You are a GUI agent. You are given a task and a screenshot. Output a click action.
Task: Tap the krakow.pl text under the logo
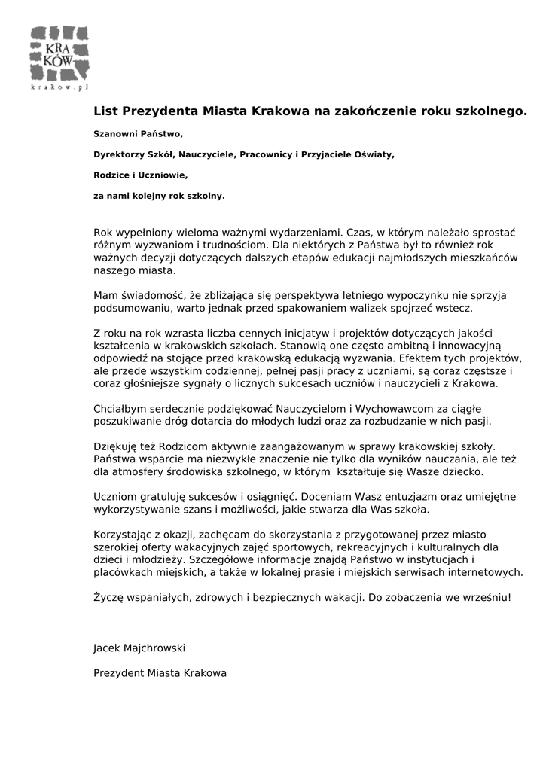coord(59,87)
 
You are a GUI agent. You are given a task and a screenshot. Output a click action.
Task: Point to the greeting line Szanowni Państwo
coord(139,134)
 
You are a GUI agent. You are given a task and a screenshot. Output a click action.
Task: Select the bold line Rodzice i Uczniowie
coord(140,175)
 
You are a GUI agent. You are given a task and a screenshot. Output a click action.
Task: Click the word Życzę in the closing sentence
coord(108,598)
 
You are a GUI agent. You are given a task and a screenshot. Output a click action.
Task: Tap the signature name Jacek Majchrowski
coord(139,648)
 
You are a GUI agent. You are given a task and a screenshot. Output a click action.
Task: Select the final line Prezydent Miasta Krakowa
coord(160,672)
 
